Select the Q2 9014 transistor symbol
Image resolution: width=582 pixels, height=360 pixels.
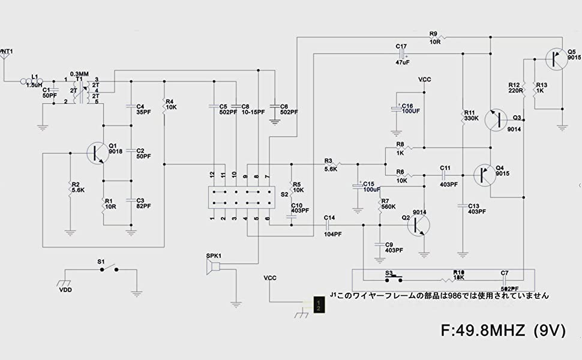pyautogui.click(x=419, y=223)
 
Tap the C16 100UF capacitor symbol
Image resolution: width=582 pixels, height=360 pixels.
pyautogui.click(x=397, y=110)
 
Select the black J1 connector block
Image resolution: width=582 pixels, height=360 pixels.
pyautogui.click(x=320, y=304)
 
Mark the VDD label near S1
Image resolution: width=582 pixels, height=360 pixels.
pyautogui.click(x=65, y=289)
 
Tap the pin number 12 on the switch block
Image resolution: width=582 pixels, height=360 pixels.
pyautogui.click(x=212, y=175)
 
